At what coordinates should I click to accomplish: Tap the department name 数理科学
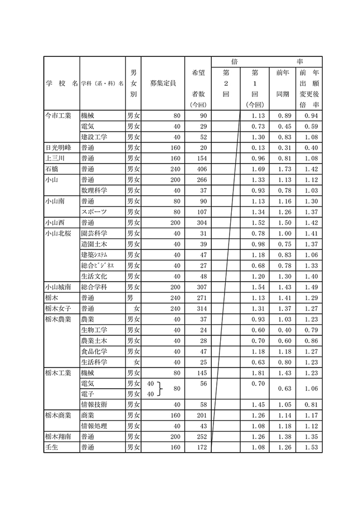point(93,190)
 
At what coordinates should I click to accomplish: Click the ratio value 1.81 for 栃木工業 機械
point(257,372)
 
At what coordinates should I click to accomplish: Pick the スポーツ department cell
point(94,212)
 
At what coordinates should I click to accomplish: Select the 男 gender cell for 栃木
point(133,298)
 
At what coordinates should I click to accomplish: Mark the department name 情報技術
point(94,404)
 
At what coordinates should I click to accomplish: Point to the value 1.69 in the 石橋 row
point(257,169)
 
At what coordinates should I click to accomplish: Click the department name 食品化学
point(94,351)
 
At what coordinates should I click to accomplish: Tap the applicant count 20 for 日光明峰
point(200,148)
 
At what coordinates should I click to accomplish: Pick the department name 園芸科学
point(94,233)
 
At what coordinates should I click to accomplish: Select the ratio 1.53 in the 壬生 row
point(310,447)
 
